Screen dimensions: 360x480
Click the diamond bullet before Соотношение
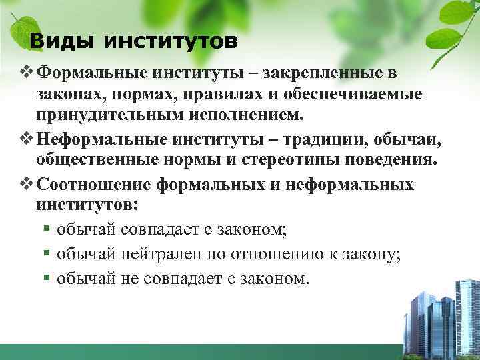[x=28, y=184]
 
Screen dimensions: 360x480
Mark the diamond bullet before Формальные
[x=28, y=71]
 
